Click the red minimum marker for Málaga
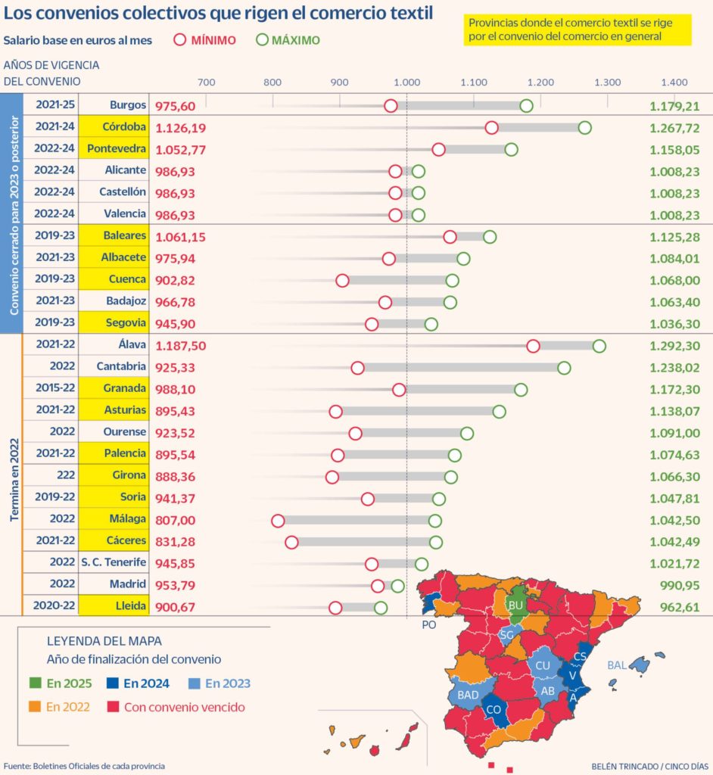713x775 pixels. click(x=278, y=521)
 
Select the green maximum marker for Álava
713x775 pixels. click(x=599, y=346)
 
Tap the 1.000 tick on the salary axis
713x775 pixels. click(x=406, y=82)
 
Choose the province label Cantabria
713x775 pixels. click(x=121, y=367)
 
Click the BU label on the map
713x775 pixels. click(x=516, y=605)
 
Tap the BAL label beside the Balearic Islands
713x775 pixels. click(x=617, y=665)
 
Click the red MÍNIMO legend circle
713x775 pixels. click(x=180, y=40)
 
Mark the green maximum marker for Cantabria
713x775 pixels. click(x=564, y=368)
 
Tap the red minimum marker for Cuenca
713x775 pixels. click(x=342, y=281)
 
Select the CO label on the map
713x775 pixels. click(x=493, y=709)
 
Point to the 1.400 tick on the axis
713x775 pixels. click(x=674, y=82)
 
